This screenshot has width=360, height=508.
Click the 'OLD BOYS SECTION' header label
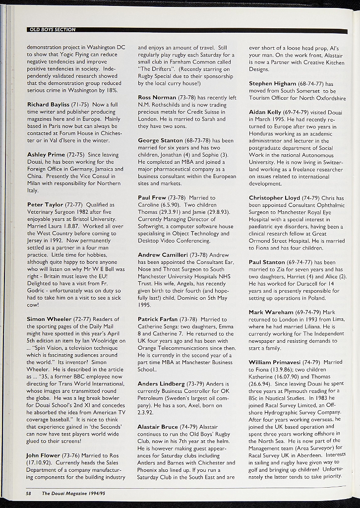[53, 30]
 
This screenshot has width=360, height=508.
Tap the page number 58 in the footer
[29, 494]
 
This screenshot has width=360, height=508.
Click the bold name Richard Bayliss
[48, 105]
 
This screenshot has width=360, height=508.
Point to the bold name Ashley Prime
[46, 154]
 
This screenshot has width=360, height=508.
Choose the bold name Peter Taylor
[45, 204]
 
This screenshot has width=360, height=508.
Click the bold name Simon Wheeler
[49, 319]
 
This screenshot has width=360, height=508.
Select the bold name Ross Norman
[157, 98]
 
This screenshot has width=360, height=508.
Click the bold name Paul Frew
[152, 198]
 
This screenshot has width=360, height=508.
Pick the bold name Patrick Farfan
[158, 319]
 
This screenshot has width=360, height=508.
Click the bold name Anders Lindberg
[161, 384]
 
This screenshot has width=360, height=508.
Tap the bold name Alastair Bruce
[158, 427]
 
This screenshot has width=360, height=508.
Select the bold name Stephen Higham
[272, 83]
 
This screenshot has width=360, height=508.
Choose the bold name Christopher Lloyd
[274, 198]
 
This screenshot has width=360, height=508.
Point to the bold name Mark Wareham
[271, 312]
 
